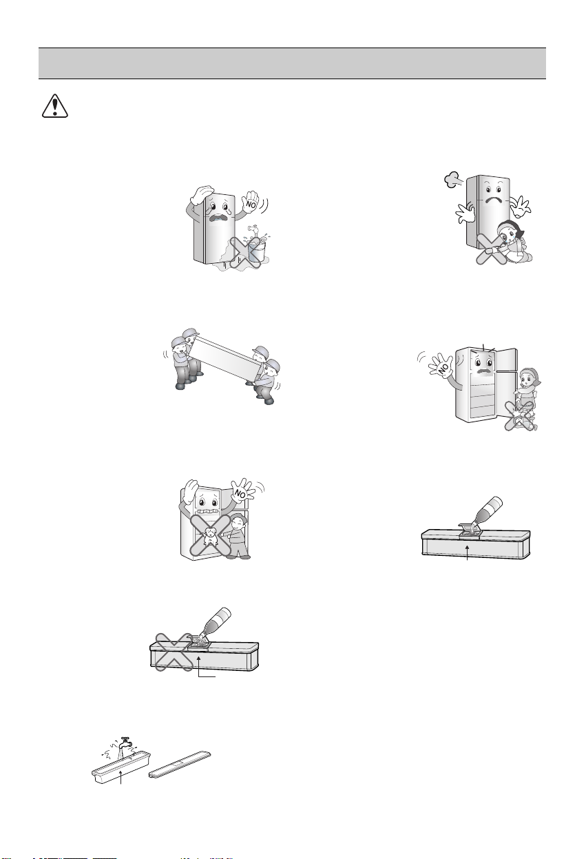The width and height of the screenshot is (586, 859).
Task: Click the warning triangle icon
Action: [x=55, y=105]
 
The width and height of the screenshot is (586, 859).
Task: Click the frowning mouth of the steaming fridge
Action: [x=492, y=201]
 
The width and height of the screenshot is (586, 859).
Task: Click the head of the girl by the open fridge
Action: [x=530, y=378]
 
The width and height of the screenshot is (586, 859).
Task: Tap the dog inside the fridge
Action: [x=210, y=536]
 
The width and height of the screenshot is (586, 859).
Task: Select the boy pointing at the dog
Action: [x=238, y=536]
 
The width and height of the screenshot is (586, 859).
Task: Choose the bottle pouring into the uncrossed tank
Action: [x=487, y=510]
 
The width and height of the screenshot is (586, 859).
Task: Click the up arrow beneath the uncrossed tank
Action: [x=467, y=552]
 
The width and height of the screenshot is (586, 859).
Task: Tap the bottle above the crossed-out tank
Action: [x=216, y=621]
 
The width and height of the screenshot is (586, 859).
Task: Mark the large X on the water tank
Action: [x=175, y=652]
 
